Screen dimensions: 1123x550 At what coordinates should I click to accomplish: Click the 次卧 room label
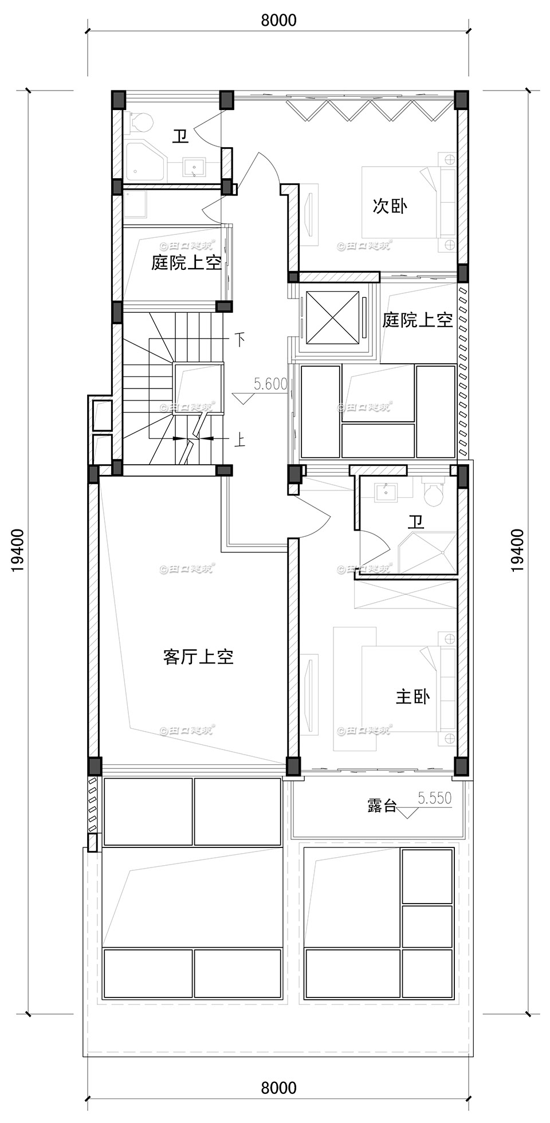coord(390,206)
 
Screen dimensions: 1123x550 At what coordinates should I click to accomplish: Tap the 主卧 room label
coord(412,697)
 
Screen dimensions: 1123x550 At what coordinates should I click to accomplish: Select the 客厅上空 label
coord(198,657)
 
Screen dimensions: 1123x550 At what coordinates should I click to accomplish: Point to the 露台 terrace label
coord(382,806)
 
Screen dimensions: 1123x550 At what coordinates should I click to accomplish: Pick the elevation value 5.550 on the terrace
coord(435,798)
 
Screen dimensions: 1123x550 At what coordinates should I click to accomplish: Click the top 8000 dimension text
coord(278,21)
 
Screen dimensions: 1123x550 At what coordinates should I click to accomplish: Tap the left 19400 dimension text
coord(17,550)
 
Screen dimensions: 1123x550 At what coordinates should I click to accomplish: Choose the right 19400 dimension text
coord(517,550)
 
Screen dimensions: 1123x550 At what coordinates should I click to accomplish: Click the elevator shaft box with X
coord(332,319)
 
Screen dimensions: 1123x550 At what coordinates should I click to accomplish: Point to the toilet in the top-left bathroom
coord(141,122)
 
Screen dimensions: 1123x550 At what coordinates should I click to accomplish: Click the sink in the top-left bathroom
coord(195,168)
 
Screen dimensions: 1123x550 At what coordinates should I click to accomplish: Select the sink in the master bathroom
coord(387,492)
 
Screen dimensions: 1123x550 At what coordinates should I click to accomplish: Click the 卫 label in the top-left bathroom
coord(181,136)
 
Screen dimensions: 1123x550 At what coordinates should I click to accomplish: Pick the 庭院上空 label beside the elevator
coord(418,320)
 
